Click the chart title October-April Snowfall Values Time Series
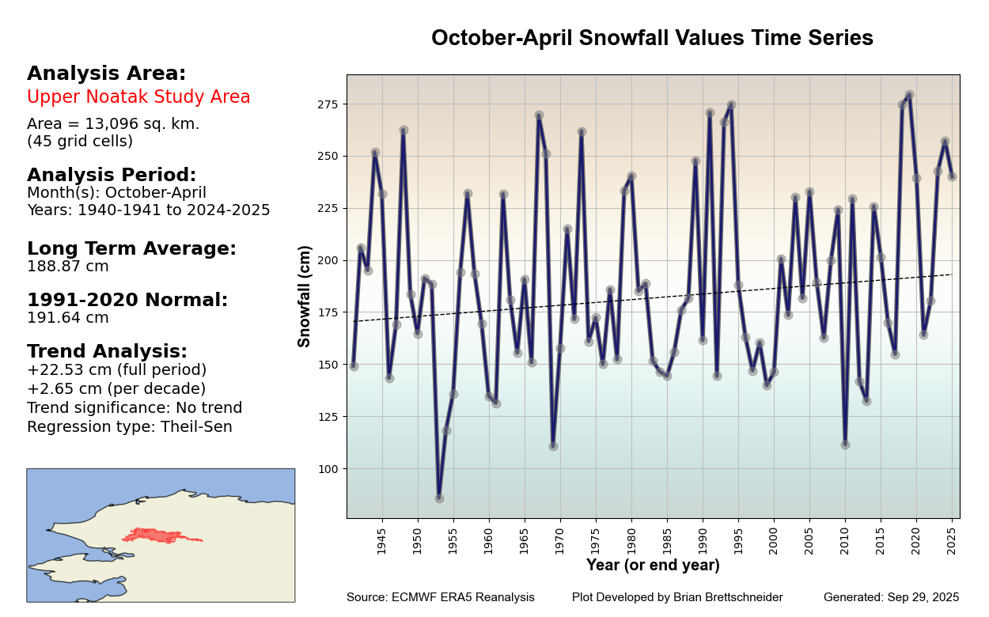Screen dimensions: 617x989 652,38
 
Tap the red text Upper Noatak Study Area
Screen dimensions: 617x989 138,97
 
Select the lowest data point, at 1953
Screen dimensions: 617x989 439,498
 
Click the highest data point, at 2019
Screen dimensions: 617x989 909,95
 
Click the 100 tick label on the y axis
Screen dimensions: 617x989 329,469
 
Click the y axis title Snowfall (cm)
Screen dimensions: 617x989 305,296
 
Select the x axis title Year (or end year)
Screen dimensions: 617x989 653,565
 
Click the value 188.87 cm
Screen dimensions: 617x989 68,267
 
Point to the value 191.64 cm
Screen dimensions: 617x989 68,318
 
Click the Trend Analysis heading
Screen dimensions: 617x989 107,351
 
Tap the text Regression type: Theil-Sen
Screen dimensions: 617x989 130,427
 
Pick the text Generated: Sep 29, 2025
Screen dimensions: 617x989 891,597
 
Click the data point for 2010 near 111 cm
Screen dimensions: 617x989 845,445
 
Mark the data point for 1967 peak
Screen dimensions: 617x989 539,115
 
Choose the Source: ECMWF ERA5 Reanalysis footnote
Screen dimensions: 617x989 440,597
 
